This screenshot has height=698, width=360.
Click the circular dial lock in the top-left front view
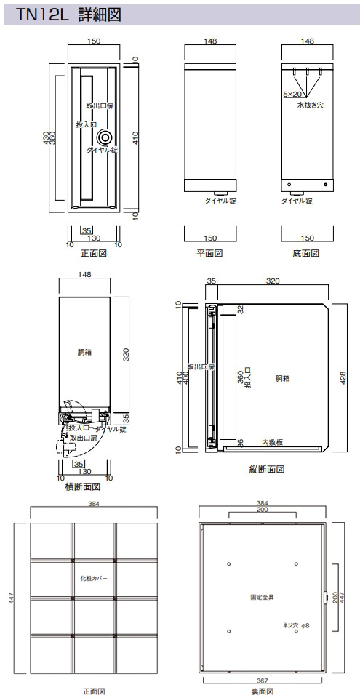tap(106, 137)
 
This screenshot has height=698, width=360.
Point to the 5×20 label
tap(293, 94)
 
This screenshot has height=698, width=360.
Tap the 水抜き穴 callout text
tap(310, 105)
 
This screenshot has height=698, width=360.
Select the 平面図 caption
tap(209, 254)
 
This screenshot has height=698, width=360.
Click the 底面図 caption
tap(306, 254)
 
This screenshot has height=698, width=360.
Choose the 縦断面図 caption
tap(266, 469)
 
